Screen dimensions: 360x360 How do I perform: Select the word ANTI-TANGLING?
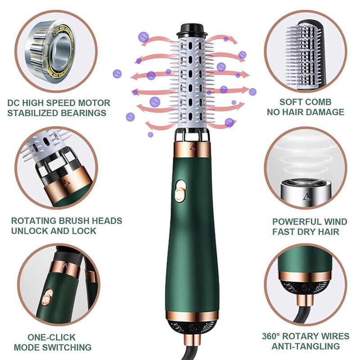click(x=306, y=346)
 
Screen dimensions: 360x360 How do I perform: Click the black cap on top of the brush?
click(x=192, y=30)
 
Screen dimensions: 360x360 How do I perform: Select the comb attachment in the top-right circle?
click(x=306, y=52)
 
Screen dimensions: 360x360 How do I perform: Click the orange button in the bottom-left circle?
click(x=47, y=297)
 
